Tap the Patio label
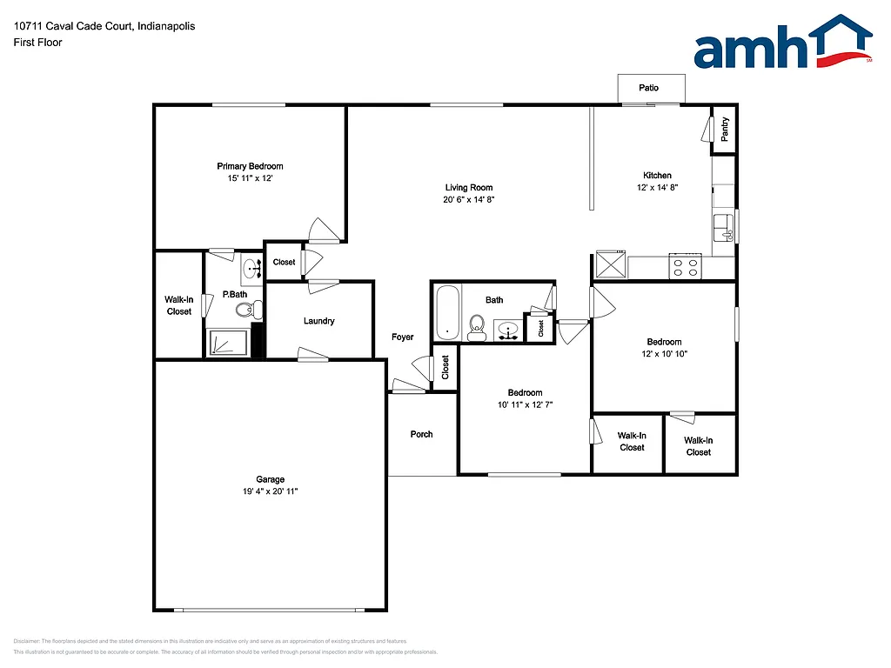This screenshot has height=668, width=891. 649,88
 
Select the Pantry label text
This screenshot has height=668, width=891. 725,129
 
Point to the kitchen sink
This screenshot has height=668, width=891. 724,228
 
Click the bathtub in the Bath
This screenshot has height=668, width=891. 447,312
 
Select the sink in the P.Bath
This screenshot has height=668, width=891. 251,268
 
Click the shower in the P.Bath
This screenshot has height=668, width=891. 228,343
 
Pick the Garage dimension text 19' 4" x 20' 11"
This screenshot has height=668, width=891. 270,491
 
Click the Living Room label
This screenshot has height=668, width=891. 469,188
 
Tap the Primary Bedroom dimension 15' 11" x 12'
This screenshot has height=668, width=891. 250,178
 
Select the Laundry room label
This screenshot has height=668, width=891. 319,321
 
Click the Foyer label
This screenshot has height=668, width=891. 402,337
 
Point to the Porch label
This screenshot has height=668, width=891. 421,434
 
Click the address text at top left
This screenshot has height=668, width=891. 104,26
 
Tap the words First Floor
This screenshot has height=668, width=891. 38,42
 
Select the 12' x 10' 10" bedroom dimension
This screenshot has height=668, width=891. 664,354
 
